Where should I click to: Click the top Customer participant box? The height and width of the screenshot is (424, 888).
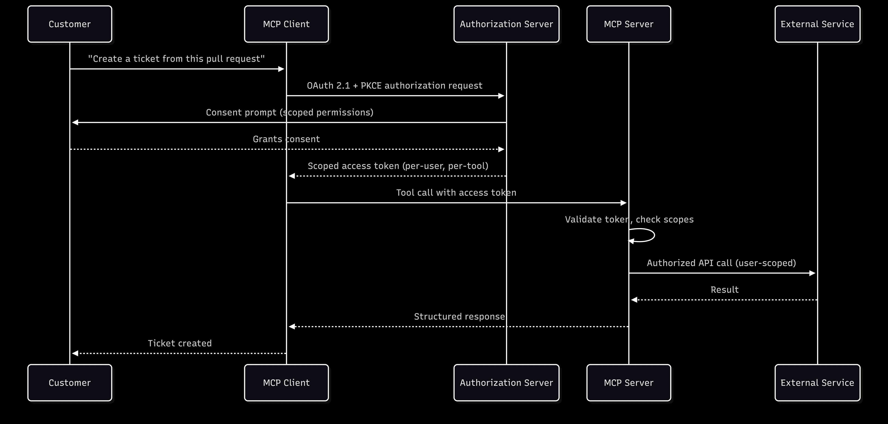tap(70, 24)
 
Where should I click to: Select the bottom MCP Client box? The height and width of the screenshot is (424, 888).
tap(286, 383)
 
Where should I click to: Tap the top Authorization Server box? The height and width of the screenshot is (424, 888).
tap(506, 24)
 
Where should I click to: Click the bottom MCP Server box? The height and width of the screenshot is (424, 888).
tap(629, 383)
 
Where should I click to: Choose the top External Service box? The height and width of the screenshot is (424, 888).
tap(817, 24)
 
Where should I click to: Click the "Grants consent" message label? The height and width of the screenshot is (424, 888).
tap(286, 139)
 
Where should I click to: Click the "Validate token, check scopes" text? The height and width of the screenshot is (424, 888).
tap(629, 220)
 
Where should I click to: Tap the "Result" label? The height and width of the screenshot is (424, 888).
tap(724, 290)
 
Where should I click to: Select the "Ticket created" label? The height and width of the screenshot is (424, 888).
tap(180, 343)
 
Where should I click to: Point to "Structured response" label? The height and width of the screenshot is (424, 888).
tap(459, 316)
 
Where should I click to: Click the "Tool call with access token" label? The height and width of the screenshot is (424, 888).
tap(456, 193)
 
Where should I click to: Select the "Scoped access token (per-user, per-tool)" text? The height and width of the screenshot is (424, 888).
tap(398, 166)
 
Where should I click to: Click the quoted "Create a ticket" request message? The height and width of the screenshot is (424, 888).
tap(176, 59)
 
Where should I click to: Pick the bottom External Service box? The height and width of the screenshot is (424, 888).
tap(817, 383)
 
